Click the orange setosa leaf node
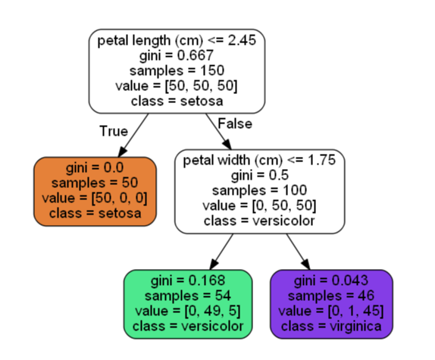pos(95,192)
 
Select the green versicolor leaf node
pos(188,304)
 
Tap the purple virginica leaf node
pos(331,304)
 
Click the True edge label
pos(114,131)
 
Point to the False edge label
pos(235,124)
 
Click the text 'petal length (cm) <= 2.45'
pos(177,40)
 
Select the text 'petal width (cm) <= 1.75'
pos(259,161)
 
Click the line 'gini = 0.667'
pos(177,55)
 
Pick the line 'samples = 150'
pos(177,70)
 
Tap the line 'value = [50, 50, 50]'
pos(177,86)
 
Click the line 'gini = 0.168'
pos(188,280)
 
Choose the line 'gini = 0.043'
pos(331,280)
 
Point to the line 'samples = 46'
pos(331,296)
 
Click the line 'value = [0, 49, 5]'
pos(188,311)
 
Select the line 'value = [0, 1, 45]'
pos(331,311)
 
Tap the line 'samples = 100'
pos(259,190)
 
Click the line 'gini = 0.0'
pos(95,168)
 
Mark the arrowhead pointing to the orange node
pos(122,152)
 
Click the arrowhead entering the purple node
pos(305,264)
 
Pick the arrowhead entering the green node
pos(214,264)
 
